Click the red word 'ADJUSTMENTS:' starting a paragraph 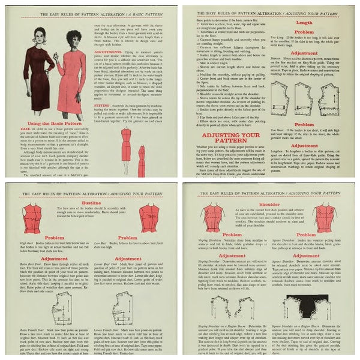click(x=109, y=52)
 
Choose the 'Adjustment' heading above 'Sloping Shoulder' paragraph click(x=224, y=255)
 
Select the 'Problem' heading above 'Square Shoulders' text click(x=316, y=235)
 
